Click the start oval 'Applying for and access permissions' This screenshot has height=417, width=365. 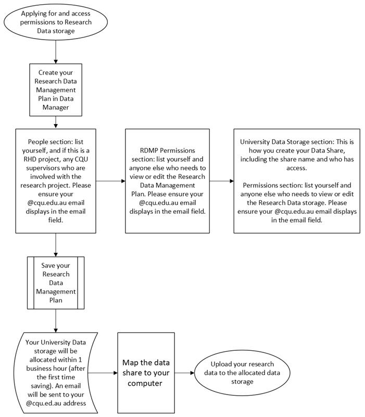coord(56,22)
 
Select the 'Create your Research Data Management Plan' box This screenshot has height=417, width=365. coord(56,90)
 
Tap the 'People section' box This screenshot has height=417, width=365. coord(56,181)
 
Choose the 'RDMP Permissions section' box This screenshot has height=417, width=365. coord(167,181)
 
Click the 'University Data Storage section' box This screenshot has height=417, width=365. coord(297,181)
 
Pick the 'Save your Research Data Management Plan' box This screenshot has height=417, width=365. coord(56,283)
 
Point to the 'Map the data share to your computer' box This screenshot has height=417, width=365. coord(146,373)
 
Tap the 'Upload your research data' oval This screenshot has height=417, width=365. coord(242,373)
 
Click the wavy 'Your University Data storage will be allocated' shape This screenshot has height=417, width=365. coord(56,373)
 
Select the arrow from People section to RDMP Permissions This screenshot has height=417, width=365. coord(110,181)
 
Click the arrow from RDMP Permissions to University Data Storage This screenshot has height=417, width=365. coord(221,181)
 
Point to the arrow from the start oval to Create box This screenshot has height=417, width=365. coord(56,52)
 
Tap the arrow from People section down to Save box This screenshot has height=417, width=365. coord(56,245)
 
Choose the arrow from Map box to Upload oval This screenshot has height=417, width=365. coord(185,373)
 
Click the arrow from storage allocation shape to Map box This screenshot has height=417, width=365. coord(103,373)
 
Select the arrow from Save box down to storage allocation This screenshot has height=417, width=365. coord(56,321)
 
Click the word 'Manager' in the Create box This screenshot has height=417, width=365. coord(56,107)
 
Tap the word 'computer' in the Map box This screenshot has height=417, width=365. coord(145,383)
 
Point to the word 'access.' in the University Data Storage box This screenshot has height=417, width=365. coord(297,168)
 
